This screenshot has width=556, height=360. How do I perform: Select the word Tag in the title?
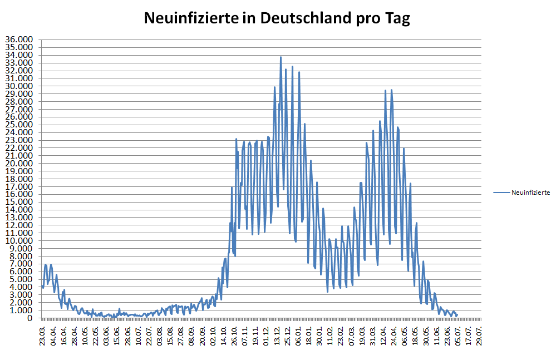(x=397, y=18)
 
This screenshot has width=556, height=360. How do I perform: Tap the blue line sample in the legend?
(x=501, y=193)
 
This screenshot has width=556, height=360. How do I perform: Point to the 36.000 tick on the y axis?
(x=19, y=40)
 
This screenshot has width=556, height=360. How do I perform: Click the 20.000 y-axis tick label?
(x=19, y=164)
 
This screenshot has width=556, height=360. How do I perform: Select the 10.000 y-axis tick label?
(x=19, y=241)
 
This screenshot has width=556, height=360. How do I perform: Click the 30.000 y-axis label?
(x=19, y=86)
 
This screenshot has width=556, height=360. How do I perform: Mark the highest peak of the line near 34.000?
(x=281, y=57)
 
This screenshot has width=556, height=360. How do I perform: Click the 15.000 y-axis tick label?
(x=19, y=202)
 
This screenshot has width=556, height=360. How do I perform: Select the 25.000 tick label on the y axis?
(x=19, y=125)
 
